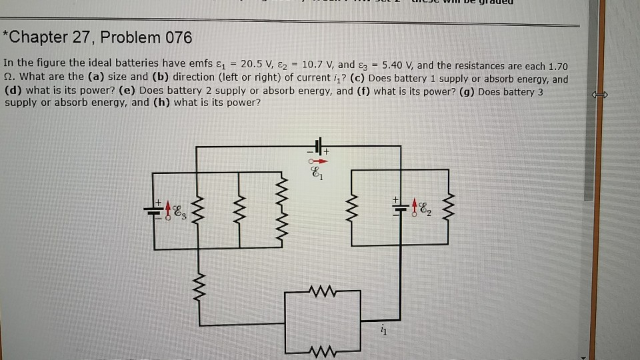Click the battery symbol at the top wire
318,147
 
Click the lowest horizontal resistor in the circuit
322,351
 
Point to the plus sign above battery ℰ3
159,199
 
